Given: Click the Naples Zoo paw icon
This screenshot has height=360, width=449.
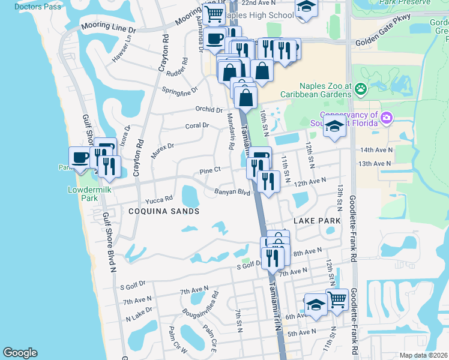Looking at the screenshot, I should (361, 90).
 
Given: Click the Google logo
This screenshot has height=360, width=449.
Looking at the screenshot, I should (20, 352).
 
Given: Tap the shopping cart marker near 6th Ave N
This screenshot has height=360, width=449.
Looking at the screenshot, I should (337, 299).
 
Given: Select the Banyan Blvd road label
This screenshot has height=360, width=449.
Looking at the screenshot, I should (232, 193).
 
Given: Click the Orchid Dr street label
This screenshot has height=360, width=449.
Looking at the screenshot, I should (209, 109).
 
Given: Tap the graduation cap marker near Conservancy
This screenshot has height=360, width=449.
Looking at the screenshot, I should (335, 127).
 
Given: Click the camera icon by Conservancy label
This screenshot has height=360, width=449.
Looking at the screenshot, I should (388, 117).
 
